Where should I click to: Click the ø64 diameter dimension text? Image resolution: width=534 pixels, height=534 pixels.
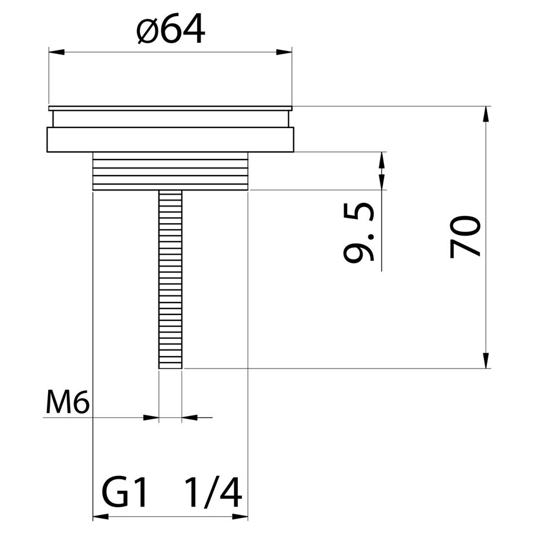point(170,31)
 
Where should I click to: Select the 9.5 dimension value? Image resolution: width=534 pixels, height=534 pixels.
point(360,232)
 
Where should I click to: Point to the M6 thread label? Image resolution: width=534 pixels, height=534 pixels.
point(67,405)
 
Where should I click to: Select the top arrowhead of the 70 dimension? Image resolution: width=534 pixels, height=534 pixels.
point(486,114)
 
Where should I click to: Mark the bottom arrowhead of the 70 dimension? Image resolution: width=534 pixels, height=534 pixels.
point(486,361)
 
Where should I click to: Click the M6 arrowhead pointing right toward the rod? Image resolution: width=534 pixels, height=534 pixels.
point(152,418)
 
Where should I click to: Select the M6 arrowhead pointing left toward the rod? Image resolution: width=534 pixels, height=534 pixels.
point(189,418)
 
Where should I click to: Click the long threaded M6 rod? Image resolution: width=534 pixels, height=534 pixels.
point(170,279)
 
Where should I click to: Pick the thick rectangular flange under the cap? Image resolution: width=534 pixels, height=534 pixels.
point(170,139)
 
